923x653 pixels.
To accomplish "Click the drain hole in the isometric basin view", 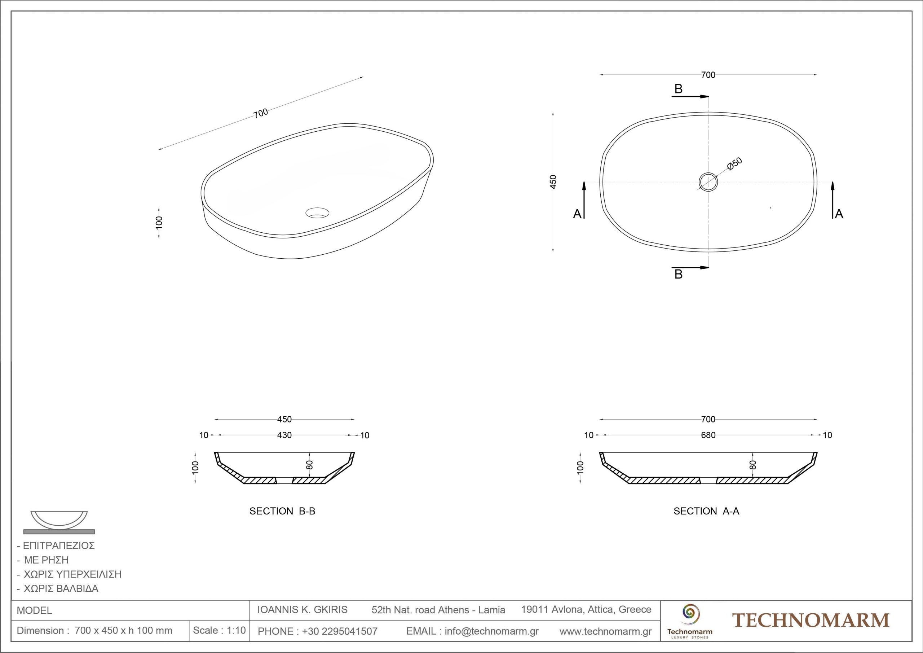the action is coord(317,213).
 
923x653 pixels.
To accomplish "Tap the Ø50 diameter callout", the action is coord(735,164).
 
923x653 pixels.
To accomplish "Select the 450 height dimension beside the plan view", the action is coord(553,182).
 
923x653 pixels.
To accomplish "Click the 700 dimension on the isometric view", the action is coord(261,113).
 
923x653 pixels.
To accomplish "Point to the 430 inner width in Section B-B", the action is coord(284,435).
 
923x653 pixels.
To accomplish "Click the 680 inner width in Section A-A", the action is coord(708,435).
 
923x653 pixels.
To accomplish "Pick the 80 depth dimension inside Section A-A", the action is coord(753,465).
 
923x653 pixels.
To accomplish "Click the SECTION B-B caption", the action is coord(282,511).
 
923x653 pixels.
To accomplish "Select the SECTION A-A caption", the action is coord(706,511).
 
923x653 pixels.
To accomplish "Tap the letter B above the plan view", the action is coord(679,89).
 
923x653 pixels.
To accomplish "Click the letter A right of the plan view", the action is coord(839,214).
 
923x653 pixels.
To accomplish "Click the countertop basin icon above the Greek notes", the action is coord(59,522).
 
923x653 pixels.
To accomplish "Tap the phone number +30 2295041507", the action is coord(340,631).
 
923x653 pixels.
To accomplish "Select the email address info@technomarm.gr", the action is coord(492,631).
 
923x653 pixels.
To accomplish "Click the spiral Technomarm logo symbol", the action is coord(689,613).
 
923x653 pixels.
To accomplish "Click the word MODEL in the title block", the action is coord(35,610).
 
